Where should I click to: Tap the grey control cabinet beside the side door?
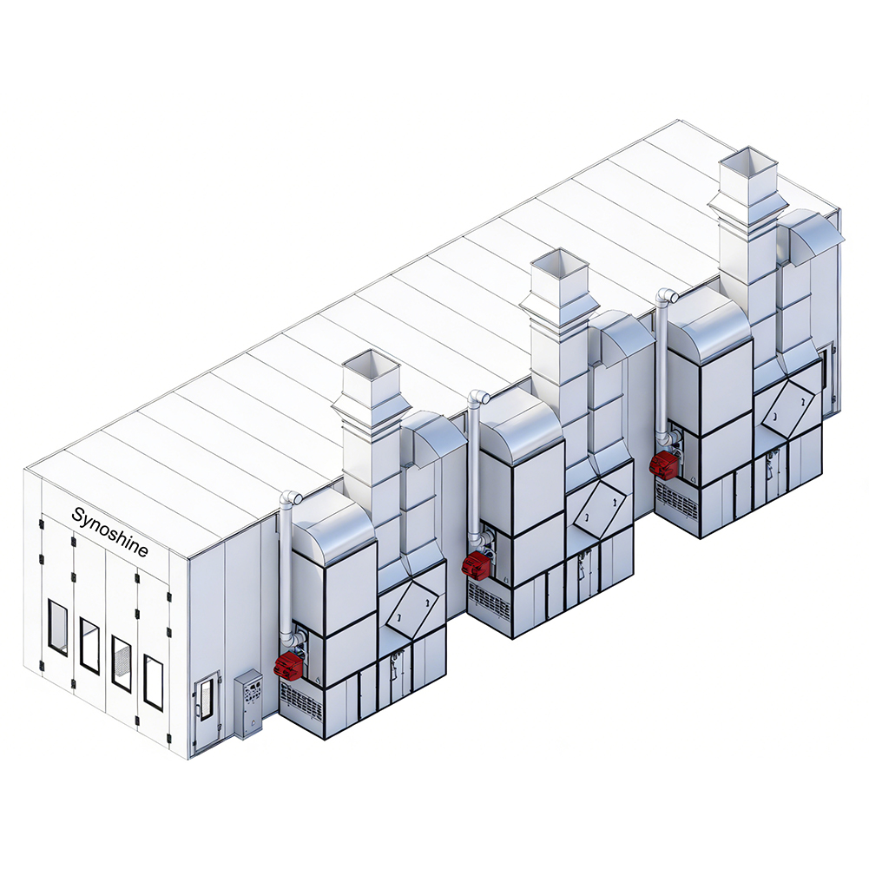click(x=248, y=704)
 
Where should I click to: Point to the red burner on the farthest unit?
click(x=664, y=464)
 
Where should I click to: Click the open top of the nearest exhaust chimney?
click(x=371, y=364)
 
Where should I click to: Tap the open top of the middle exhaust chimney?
click(x=559, y=263)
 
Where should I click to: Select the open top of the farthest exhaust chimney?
click(x=748, y=161)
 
